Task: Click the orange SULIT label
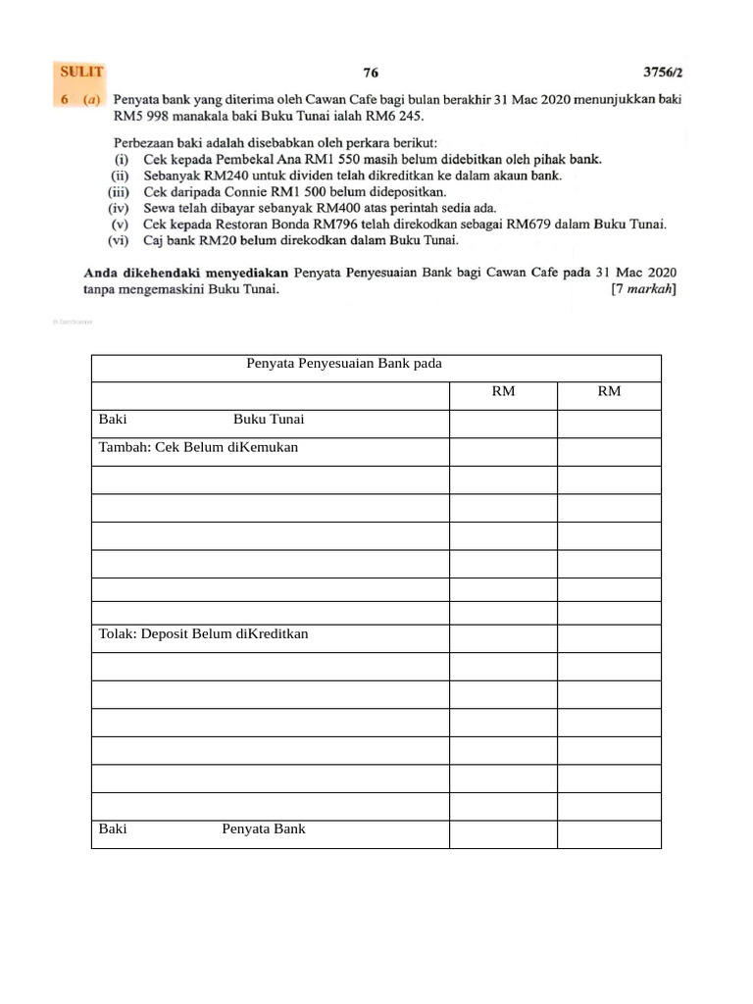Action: pyautogui.click(x=81, y=72)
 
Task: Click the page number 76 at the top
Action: pyautogui.click(x=371, y=72)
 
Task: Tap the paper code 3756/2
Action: pyautogui.click(x=662, y=72)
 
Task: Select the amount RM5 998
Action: pyautogui.click(x=141, y=115)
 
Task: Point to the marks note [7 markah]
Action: pyautogui.click(x=642, y=288)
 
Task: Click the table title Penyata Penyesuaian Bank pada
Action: pyautogui.click(x=344, y=363)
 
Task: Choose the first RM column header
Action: pyautogui.click(x=503, y=391)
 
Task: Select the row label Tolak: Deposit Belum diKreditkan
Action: pyautogui.click(x=204, y=633)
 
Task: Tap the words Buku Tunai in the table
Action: pyautogui.click(x=269, y=420)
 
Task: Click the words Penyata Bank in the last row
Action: pyautogui.click(x=264, y=828)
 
